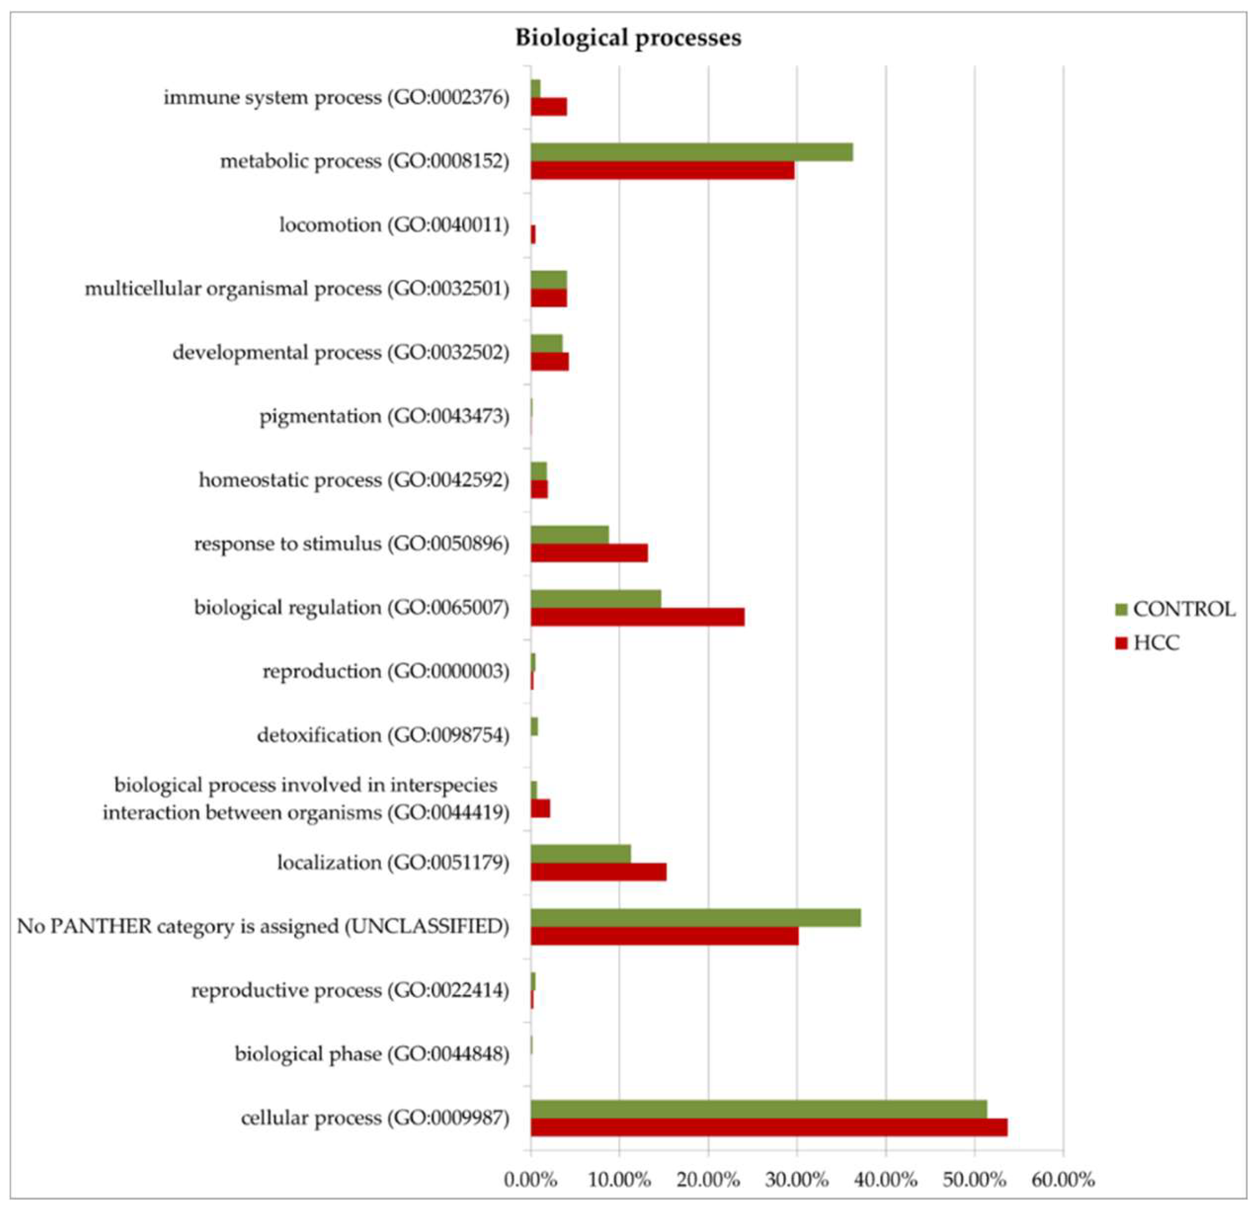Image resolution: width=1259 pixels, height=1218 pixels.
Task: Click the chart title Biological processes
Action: pyautogui.click(x=628, y=38)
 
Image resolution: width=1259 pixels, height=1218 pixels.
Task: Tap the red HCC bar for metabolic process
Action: pyautogui.click(x=662, y=170)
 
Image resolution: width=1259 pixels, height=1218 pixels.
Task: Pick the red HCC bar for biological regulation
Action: pyautogui.click(x=637, y=617)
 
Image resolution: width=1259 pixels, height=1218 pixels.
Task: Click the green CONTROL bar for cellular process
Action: pyautogui.click(x=758, y=1109)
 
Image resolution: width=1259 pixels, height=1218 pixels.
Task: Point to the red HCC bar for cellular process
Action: pyautogui.click(x=768, y=1128)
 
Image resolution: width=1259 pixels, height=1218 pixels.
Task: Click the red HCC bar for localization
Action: pyautogui.click(x=598, y=872)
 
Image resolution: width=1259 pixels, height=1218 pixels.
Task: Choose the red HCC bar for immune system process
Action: pyautogui.click(x=549, y=107)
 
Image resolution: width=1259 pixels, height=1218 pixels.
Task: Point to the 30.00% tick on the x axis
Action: pyautogui.click(x=797, y=1179)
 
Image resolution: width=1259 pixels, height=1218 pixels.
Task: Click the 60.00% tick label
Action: pyautogui.click(x=1062, y=1179)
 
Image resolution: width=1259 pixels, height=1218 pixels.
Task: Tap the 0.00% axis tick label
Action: pyautogui.click(x=530, y=1179)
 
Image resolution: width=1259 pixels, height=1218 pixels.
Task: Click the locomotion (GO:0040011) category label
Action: pyautogui.click(x=394, y=225)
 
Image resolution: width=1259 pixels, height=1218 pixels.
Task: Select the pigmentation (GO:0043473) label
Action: pyautogui.click(x=384, y=416)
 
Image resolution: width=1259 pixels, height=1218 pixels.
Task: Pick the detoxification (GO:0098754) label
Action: pyautogui.click(x=383, y=735)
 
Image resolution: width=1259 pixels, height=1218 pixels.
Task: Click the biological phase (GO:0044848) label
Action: pyautogui.click(x=372, y=1054)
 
